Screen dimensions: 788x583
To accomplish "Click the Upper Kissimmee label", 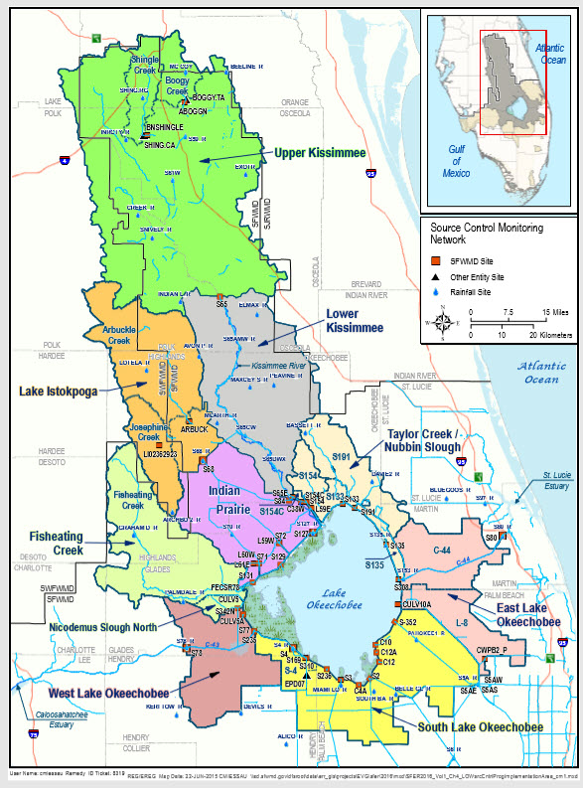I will click(x=317, y=152).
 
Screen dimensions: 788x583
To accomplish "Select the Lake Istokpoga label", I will click(x=59, y=392).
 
